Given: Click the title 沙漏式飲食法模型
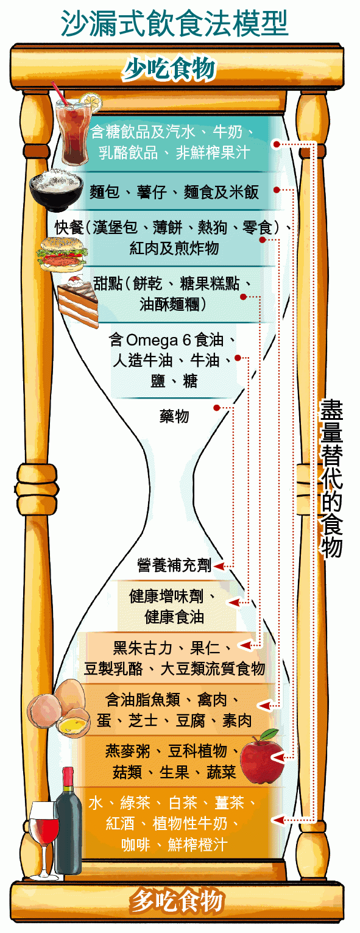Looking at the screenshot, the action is pyautogui.click(x=174, y=23).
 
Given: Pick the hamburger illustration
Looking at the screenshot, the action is pyautogui.click(x=63, y=254).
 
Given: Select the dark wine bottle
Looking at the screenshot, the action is pyautogui.click(x=69, y=825).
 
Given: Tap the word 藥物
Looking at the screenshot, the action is pyautogui.click(x=174, y=416).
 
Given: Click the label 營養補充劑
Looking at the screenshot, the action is pyautogui.click(x=175, y=566).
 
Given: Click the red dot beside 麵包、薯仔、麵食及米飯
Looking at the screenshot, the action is pyautogui.click(x=277, y=190).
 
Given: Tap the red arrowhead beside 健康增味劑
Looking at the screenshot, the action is pyautogui.click(x=233, y=603).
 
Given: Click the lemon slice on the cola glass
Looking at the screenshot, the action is pyautogui.click(x=91, y=102).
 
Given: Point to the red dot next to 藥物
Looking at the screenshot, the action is pyautogui.click(x=217, y=407).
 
